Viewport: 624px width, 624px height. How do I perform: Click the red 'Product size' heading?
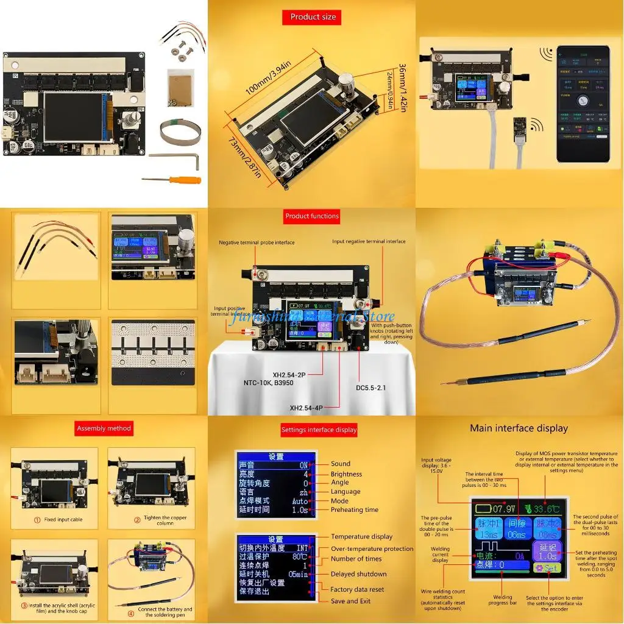point(313,17)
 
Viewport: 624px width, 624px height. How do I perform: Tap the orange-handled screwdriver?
point(168,178)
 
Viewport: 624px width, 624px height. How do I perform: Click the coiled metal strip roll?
point(180,132)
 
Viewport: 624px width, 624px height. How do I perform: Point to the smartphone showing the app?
point(583,104)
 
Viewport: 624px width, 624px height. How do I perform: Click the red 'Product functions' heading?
point(311,216)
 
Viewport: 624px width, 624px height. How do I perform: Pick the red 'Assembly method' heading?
point(104,428)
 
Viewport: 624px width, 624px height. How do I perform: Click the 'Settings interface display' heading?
point(319,430)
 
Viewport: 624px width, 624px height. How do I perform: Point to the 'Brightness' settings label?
point(346,474)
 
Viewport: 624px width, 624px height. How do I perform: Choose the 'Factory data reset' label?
point(357,589)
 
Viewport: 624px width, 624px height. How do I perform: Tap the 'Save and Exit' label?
point(350,601)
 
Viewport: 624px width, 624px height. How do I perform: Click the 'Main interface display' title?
point(519,428)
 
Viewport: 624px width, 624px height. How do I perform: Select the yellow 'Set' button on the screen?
point(547,568)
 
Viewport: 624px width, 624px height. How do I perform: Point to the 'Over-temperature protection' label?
point(372,548)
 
